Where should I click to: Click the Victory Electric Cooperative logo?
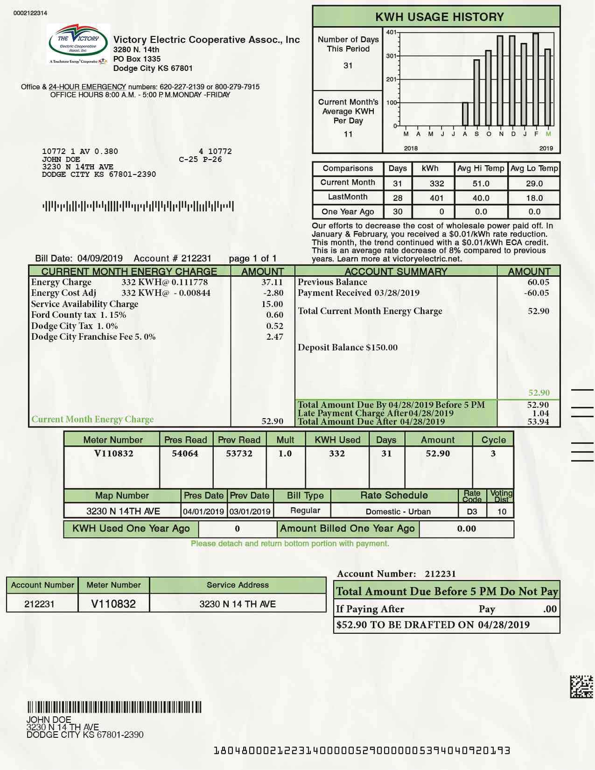pos(78,44)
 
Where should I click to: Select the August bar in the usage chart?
pos(465,114)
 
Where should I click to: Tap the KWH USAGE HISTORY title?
pos(439,17)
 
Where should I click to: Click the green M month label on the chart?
pos(548,134)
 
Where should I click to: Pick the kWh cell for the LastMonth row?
pos(436,198)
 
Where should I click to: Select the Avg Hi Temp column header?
pos(481,168)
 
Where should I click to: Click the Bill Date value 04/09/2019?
pos(100,259)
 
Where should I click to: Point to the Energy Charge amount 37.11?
pos(272,282)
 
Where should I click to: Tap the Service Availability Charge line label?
pos(84,304)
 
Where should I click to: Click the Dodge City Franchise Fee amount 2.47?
pos(274,336)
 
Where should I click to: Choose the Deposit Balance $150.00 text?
pos(348,348)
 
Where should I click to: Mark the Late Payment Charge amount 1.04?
pos(540,413)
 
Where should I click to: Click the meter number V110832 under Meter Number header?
pos(113,454)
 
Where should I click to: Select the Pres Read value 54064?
pos(185,454)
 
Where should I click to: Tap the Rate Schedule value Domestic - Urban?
pos(398,511)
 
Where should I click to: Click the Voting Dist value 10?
pos(502,511)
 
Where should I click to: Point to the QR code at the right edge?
pos(581,686)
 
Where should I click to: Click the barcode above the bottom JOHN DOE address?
pos(114,707)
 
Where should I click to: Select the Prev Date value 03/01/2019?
pos(250,511)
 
